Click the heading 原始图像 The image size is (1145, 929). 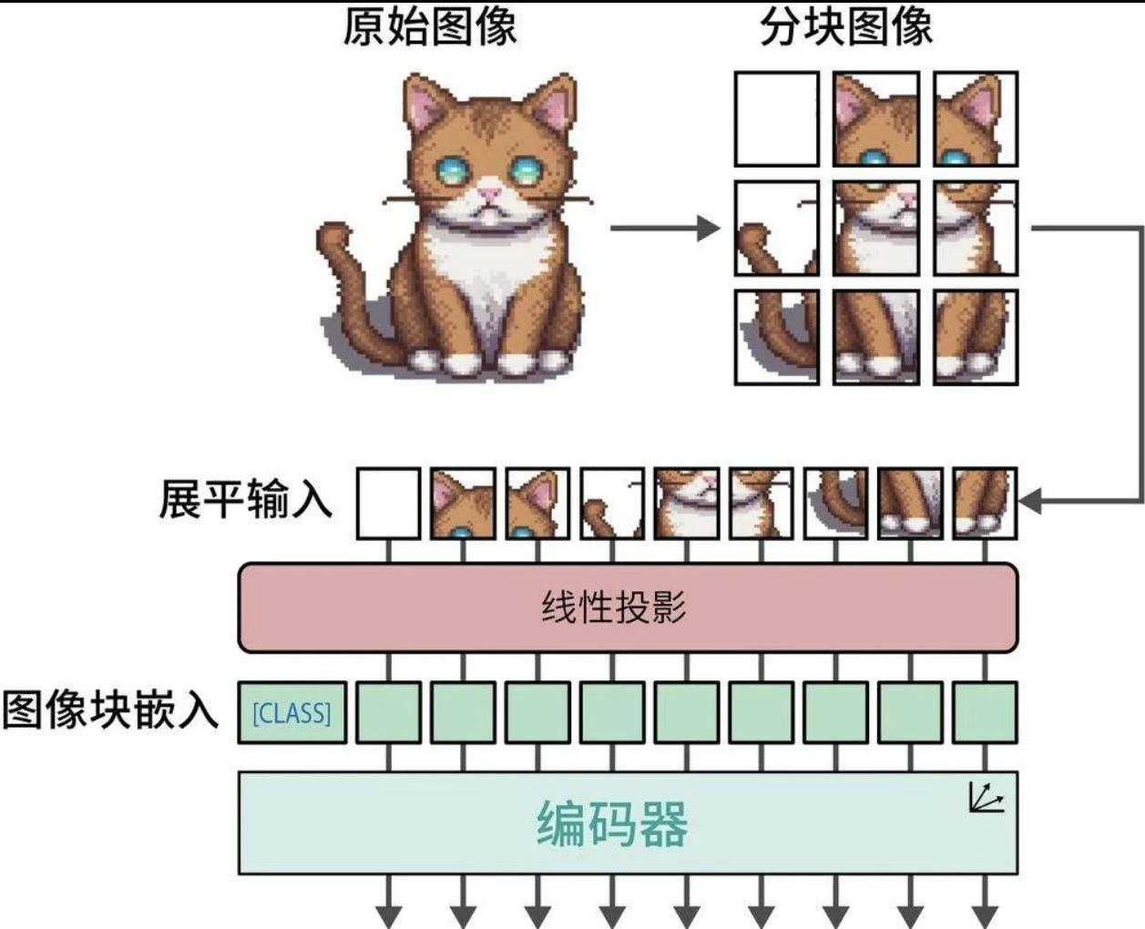[x=429, y=27]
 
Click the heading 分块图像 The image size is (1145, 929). [x=846, y=27]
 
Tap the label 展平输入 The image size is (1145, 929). [x=245, y=499]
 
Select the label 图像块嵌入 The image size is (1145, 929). [x=110, y=710]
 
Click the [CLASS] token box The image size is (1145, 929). [x=291, y=712]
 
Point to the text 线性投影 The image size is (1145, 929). [x=614, y=607]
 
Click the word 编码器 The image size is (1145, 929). [x=612, y=823]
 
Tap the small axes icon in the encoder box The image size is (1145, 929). [x=985, y=798]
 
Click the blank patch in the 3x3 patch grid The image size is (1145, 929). [x=776, y=119]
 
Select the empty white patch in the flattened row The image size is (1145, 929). [x=388, y=503]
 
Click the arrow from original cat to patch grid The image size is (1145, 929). [x=665, y=228]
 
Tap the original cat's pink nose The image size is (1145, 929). [x=490, y=193]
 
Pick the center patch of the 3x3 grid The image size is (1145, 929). [x=875, y=228]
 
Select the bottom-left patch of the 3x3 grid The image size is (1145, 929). [x=776, y=336]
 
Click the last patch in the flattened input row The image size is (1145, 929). [x=984, y=503]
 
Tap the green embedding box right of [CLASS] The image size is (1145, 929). [x=388, y=712]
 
